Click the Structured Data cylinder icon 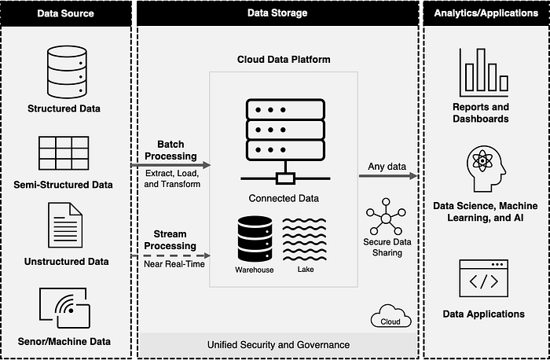(x=67, y=72)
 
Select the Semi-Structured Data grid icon (x=64, y=153)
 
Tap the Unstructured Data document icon (x=65, y=225)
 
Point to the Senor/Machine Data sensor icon (x=64, y=307)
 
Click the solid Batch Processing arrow (x=170, y=165)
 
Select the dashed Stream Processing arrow (x=170, y=255)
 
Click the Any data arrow (x=387, y=176)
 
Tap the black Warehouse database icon (x=255, y=239)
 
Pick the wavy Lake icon (x=305, y=239)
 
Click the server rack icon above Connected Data (x=285, y=141)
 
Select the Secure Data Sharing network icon (x=386, y=216)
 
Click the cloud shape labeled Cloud (x=390, y=317)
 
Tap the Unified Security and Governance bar (x=278, y=344)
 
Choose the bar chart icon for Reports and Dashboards (x=484, y=72)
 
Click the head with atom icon (x=486, y=169)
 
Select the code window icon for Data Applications (x=484, y=278)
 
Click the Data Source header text (x=65, y=13)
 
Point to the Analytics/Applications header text (x=486, y=13)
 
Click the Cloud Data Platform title (x=284, y=59)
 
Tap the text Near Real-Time (x=174, y=264)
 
